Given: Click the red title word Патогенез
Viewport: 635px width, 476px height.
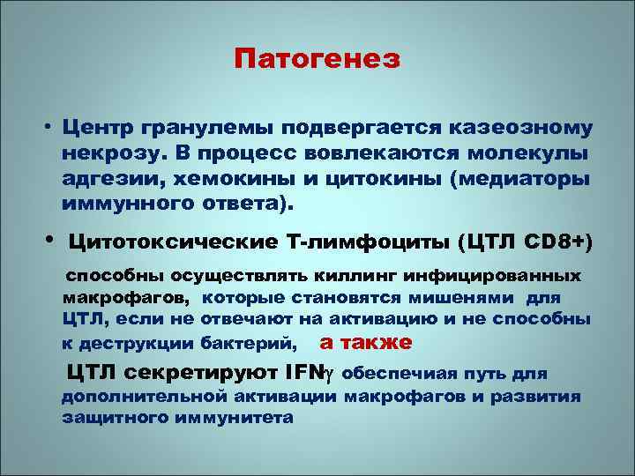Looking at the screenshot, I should pos(317,59).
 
